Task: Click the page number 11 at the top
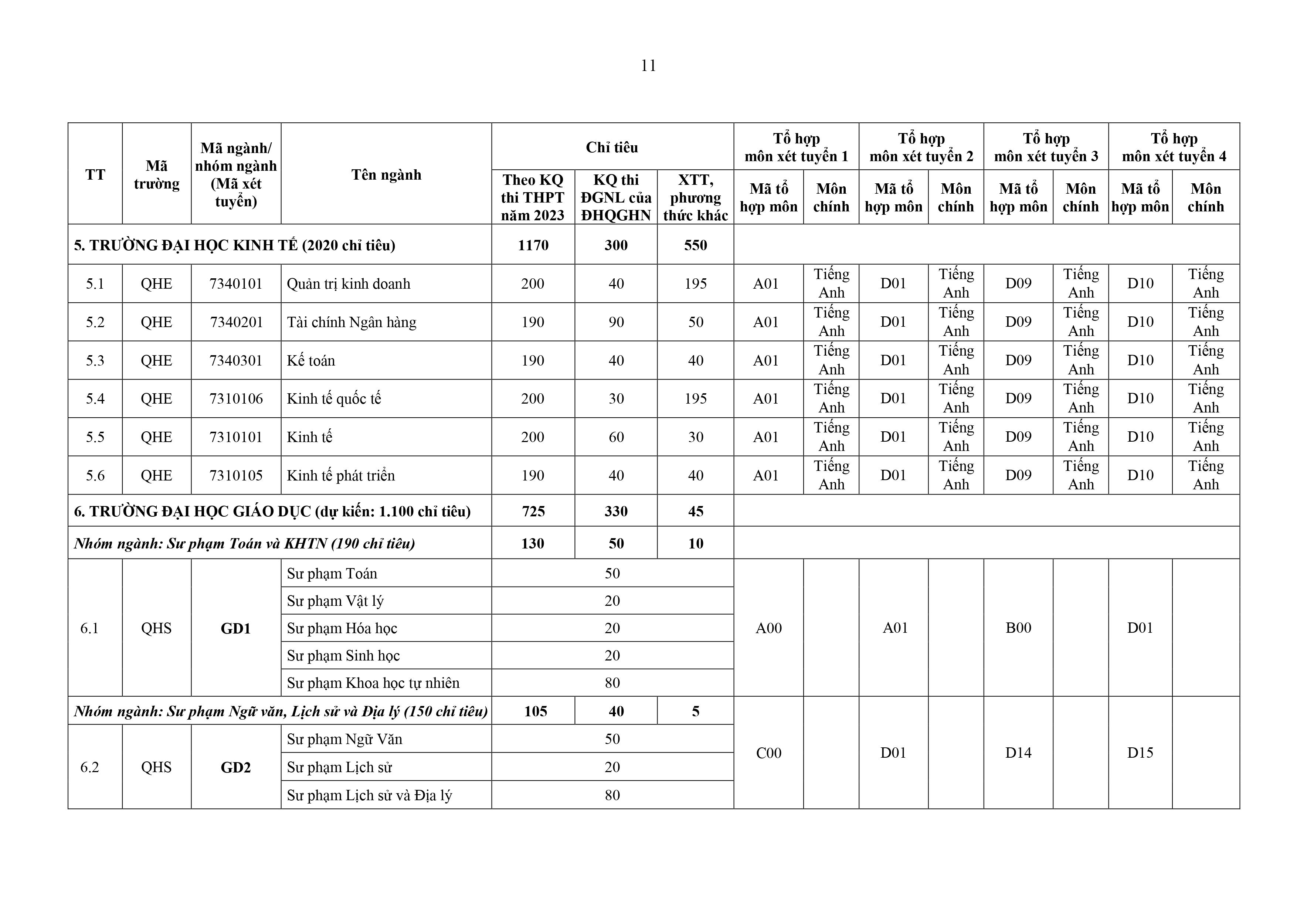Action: (x=648, y=66)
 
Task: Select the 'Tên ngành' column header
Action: (x=386, y=174)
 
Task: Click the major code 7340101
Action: (x=236, y=283)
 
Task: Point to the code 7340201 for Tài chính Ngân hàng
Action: (x=236, y=322)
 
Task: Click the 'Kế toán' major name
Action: (x=311, y=360)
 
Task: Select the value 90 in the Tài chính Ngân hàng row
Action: (x=616, y=322)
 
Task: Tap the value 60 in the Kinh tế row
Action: (x=616, y=437)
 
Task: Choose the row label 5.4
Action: (x=95, y=399)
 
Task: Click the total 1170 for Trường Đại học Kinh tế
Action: (x=533, y=245)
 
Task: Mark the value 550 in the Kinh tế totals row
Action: (x=695, y=245)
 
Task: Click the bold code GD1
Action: (x=235, y=628)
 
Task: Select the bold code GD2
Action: (x=235, y=767)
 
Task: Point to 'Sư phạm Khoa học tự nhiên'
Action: (x=373, y=683)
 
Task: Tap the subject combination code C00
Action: (x=768, y=753)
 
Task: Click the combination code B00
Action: (x=1018, y=628)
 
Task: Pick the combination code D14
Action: (x=1018, y=753)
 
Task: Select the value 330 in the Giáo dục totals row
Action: (x=616, y=511)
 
